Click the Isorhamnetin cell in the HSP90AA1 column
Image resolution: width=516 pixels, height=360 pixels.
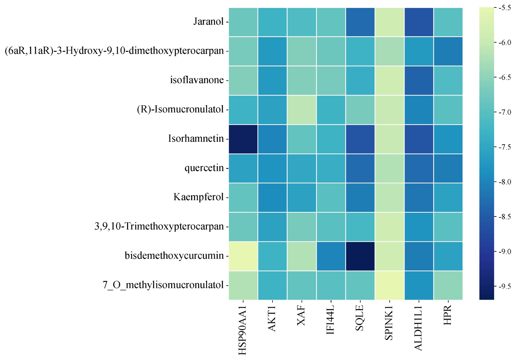243,139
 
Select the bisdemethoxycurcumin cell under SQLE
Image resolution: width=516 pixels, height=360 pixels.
360,256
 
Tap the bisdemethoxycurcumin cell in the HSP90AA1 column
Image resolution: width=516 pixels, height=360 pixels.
243,256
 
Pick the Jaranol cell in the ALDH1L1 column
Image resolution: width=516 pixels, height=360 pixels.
419,22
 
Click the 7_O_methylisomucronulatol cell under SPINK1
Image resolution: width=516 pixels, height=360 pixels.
389,286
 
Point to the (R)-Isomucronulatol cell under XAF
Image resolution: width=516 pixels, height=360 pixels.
302,110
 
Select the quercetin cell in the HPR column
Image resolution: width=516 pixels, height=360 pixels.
448,168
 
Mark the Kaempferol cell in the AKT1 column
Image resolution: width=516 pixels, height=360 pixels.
273,198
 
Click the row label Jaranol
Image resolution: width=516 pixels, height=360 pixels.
208,22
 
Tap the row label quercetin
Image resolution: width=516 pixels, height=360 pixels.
204,168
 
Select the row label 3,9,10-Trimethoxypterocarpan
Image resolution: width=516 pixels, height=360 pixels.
159,227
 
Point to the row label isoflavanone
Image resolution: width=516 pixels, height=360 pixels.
197,80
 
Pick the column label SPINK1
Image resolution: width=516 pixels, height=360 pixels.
389,324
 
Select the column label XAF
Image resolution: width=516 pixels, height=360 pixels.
301,316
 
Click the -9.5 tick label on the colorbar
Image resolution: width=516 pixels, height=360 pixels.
505,287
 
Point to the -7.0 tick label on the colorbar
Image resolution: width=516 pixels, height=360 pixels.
505,112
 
